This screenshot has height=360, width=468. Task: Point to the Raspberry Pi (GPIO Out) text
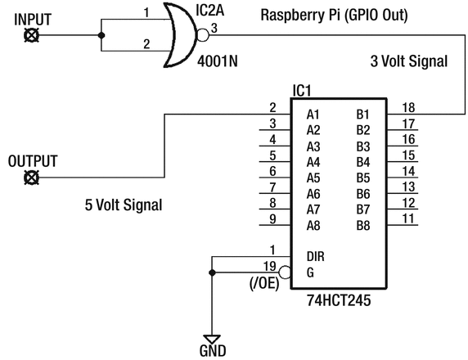point(333,15)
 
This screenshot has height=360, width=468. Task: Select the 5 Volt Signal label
point(123,205)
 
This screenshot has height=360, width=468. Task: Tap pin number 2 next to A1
point(272,108)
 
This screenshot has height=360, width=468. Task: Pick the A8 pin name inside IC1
point(313,226)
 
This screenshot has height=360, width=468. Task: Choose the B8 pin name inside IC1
point(362,226)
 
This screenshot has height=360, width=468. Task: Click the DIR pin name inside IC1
point(316,257)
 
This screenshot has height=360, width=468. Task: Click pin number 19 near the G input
point(270,265)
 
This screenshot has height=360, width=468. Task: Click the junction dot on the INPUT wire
point(101,35)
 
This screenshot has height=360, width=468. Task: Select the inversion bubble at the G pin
point(285,272)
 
